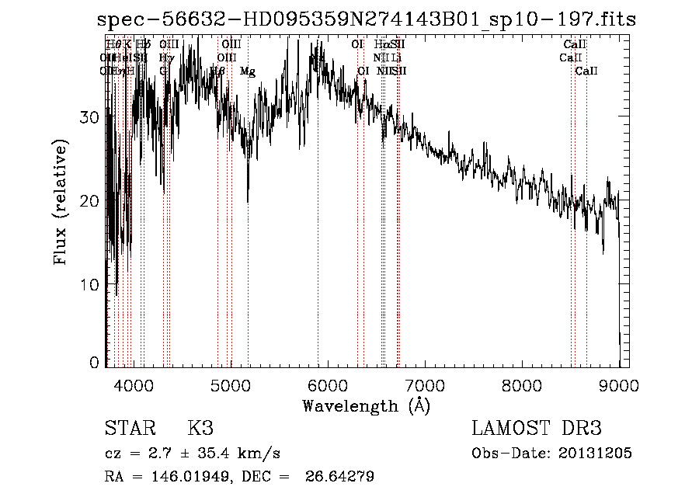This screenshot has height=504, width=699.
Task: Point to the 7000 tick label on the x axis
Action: [x=424, y=384]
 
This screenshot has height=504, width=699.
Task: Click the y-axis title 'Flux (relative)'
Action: [x=61, y=201]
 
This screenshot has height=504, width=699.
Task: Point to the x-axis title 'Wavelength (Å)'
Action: [x=366, y=405]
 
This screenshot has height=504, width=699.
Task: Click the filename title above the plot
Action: [x=366, y=19]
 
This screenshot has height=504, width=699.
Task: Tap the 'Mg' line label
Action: [x=247, y=71]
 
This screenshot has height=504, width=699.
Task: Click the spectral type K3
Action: [x=200, y=429]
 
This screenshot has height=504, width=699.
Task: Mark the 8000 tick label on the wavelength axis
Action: [x=521, y=384]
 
